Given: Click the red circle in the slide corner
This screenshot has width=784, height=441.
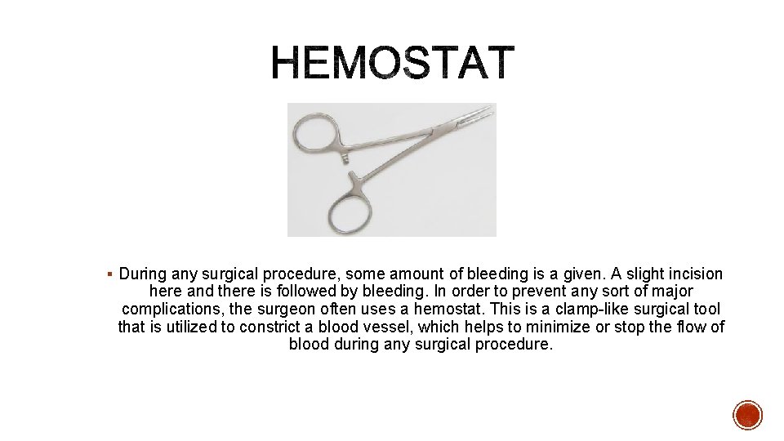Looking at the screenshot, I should tap(746, 415).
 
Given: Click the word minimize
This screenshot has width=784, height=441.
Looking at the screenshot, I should tap(558, 327).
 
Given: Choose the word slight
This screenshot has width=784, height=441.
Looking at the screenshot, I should tap(611, 274).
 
